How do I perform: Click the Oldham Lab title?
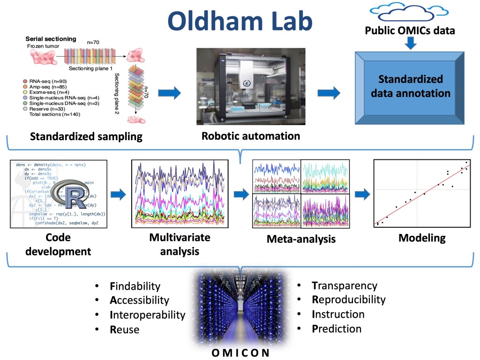pos(240,21)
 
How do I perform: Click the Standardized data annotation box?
pos(411,86)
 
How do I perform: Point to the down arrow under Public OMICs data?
pos(411,44)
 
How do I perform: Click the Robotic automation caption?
pos(251,136)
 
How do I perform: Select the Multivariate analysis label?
pos(180,244)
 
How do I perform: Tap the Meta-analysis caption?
pos(301,239)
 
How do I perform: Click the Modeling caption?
pos(422,238)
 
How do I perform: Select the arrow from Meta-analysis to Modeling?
pos(362,194)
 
